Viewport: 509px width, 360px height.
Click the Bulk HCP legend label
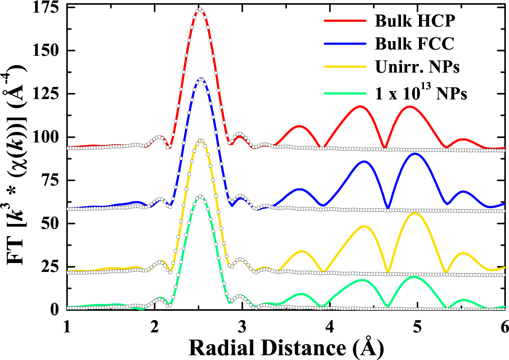pyautogui.click(x=415, y=21)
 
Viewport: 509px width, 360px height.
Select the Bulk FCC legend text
pyautogui.click(x=414, y=44)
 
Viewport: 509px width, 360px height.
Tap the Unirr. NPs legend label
pyautogui.click(x=417, y=67)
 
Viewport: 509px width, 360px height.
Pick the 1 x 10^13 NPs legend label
pyautogui.click(x=421, y=93)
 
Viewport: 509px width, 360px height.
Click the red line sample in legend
pyautogui.click(x=345, y=21)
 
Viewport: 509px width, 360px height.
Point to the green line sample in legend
pyautogui.click(x=345, y=93)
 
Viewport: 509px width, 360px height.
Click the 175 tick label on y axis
pyautogui.click(x=45, y=8)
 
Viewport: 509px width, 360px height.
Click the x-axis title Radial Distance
pyautogui.click(x=286, y=348)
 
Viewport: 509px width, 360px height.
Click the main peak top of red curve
pyautogui.click(x=199, y=9)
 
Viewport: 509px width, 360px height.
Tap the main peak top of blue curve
pyautogui.click(x=200, y=78)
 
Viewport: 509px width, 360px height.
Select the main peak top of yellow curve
pyautogui.click(x=200, y=140)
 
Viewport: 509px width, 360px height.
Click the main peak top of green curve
pyautogui.click(x=200, y=196)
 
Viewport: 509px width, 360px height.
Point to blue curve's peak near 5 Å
pyautogui.click(x=415, y=153)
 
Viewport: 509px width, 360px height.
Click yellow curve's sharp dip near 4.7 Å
pyautogui.click(x=388, y=272)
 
